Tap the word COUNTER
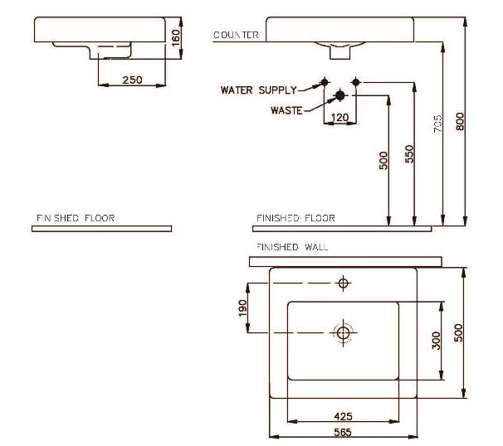pos(237,35)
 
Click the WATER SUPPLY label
pos(258,89)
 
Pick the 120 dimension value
pos(339,118)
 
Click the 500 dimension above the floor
pos(383,160)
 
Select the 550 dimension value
pos(409,153)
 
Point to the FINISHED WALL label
pos(291,247)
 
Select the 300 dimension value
pos(435,341)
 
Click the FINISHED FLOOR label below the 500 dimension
pos(295,218)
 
